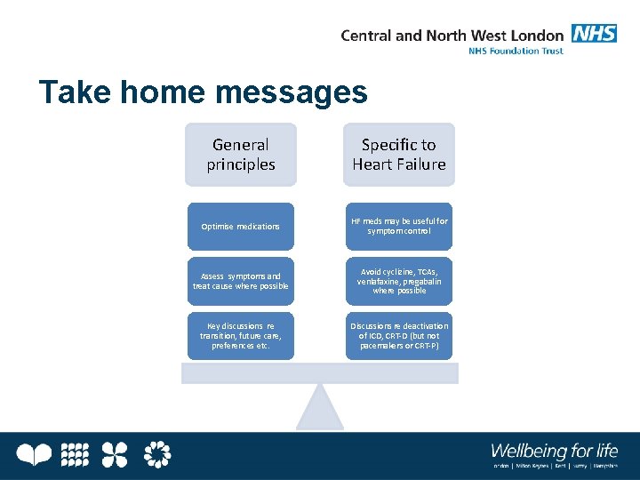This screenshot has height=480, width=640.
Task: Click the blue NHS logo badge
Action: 594,35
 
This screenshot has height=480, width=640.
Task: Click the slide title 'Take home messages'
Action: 203,92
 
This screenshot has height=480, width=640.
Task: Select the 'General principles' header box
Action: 240,155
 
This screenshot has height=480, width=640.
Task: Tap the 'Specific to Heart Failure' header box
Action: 399,155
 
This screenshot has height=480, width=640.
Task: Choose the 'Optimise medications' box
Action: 240,227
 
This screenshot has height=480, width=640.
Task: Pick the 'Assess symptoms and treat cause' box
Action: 240,281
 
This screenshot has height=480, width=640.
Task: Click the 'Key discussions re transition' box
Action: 240,336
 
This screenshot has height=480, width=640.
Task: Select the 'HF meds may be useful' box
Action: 399,227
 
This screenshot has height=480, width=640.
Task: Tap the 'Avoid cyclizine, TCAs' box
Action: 399,281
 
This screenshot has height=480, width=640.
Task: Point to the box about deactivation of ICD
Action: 399,336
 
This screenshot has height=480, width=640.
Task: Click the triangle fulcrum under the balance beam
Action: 320,409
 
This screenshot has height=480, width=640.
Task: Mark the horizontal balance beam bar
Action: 320,373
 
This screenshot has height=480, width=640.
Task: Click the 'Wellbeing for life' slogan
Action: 554,450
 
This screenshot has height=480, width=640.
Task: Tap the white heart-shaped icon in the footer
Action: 36,455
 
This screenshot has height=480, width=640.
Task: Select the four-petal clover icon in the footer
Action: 114,455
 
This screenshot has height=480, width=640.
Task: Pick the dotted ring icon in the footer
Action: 156,455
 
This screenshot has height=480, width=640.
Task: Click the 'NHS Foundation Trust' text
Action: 516,51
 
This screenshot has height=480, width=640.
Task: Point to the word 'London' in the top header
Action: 537,36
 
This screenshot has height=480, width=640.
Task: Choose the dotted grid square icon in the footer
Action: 76,455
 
